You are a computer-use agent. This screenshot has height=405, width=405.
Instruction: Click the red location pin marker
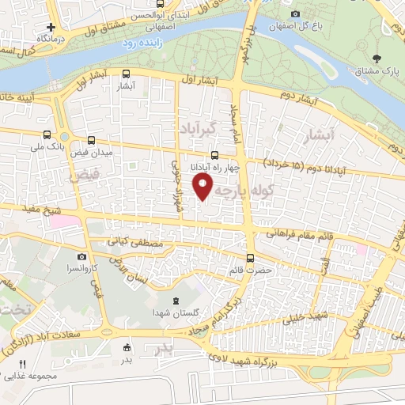pyautogui.click(x=204, y=187)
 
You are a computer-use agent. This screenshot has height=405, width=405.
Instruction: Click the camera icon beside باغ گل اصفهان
pyautogui.click(x=295, y=13)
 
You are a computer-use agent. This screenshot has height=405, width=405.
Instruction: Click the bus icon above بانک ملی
pyautogui.click(x=47, y=135)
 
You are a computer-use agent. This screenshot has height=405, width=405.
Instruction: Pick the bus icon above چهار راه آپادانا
pyautogui.click(x=215, y=155)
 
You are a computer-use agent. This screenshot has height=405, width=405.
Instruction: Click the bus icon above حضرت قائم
pyautogui.click(x=251, y=257)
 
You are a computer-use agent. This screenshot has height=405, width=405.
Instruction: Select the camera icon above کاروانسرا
pyautogui.click(x=81, y=257)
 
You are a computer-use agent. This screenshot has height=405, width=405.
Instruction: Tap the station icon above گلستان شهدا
pyautogui.click(x=176, y=301)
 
